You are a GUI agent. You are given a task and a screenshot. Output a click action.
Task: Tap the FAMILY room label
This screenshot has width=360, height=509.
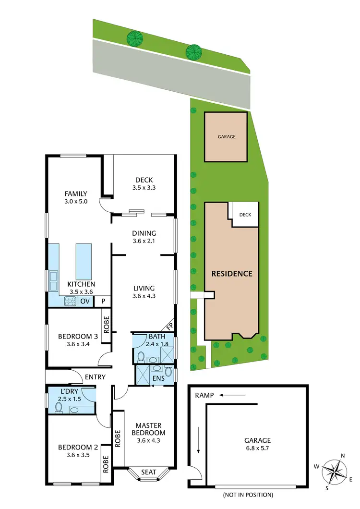pyautogui.click(x=76, y=194)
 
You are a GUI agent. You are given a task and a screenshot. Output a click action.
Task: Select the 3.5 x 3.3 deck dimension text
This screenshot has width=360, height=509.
pyautogui.click(x=144, y=189)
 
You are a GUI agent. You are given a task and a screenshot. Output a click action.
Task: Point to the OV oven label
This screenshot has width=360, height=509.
pyautogui.click(x=85, y=301)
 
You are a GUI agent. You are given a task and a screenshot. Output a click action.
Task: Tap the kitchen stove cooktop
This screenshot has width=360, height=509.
pyautogui.click(x=70, y=301)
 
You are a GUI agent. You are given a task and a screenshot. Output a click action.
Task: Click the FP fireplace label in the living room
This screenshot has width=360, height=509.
pyautogui.click(x=168, y=325)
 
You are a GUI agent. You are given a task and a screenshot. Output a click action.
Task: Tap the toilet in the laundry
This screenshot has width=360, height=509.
pyautogui.click(x=59, y=407)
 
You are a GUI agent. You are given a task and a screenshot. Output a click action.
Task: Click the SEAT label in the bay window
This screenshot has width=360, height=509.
pyautogui.click(x=148, y=473)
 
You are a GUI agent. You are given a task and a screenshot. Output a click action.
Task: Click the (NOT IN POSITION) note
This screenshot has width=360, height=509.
pyautogui.click(x=248, y=495)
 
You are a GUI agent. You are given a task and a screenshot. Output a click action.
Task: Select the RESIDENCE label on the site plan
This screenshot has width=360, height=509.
pyautogui.click(x=232, y=274)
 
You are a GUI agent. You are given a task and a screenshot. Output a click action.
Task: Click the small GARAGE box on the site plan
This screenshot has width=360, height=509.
pyautogui.click(x=227, y=137)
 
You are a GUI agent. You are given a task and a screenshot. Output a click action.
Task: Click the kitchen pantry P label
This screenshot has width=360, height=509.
pyautogui.click(x=102, y=301)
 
